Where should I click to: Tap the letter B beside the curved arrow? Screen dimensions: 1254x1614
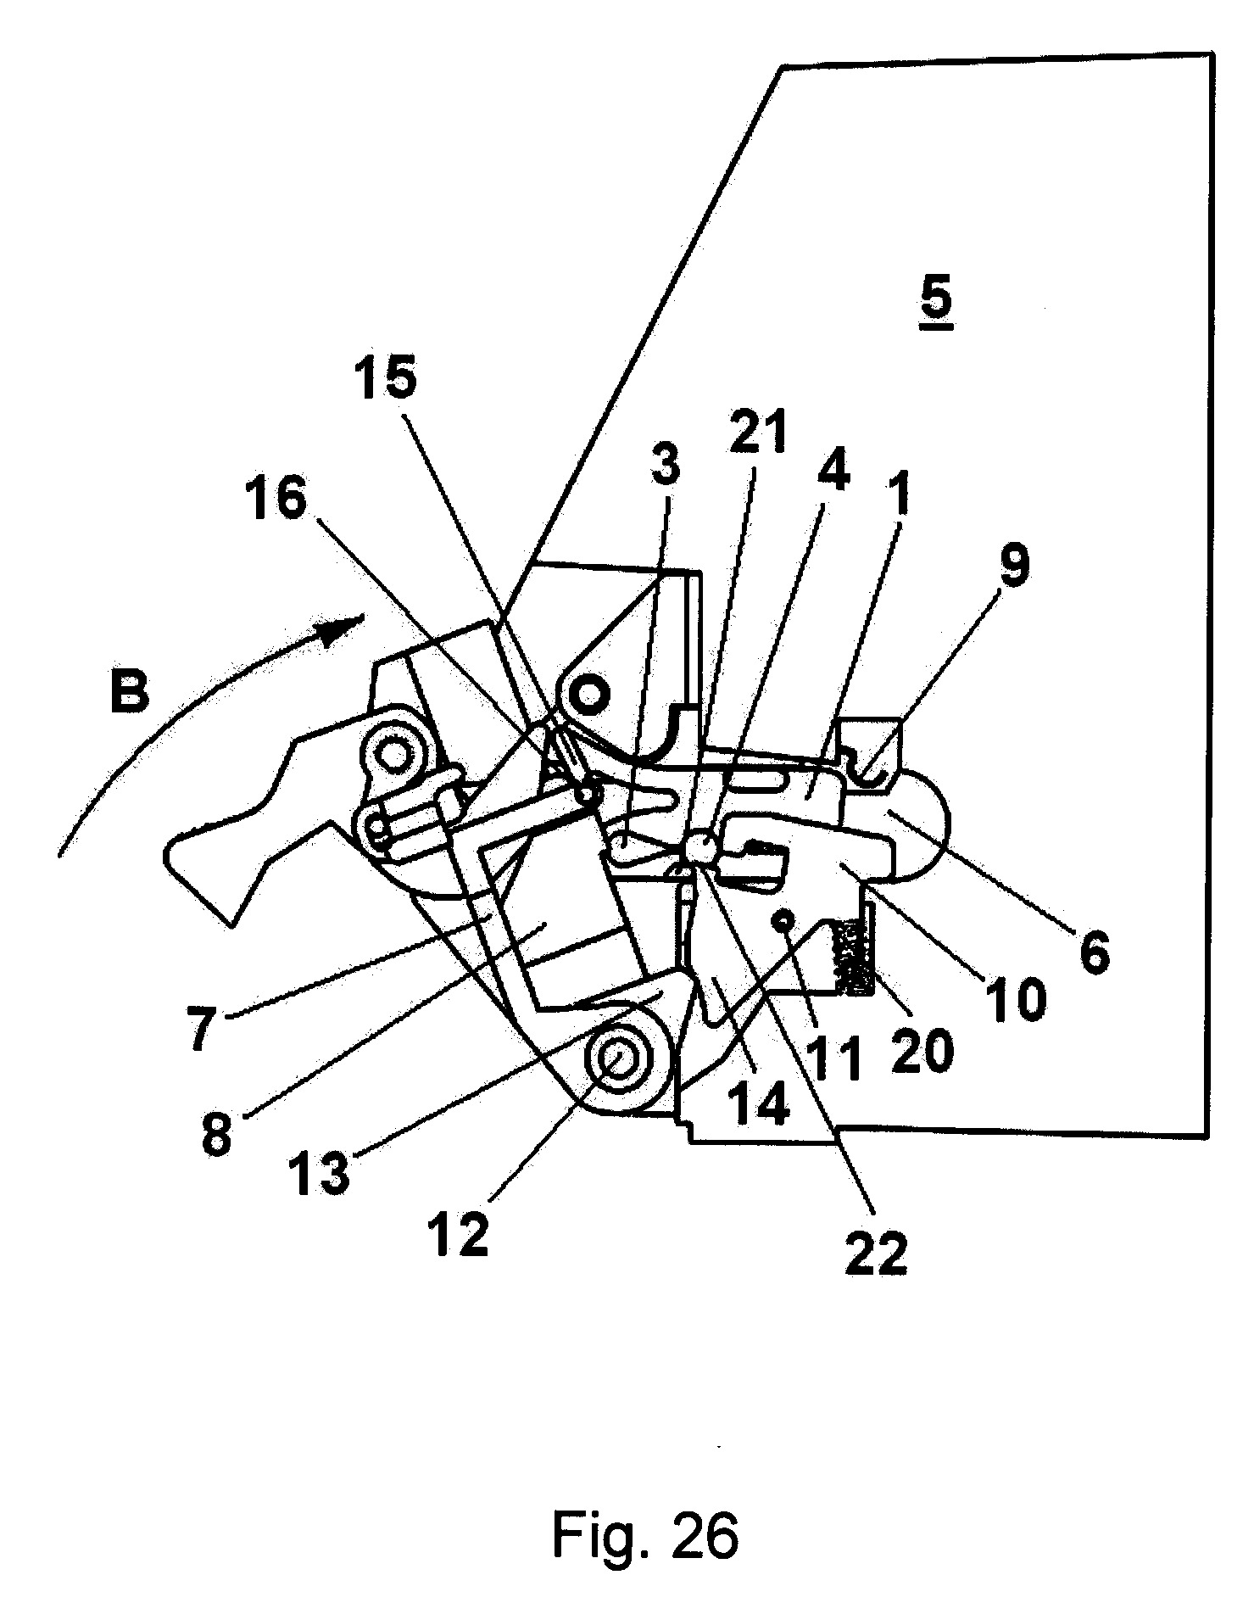pyautogui.click(x=129, y=690)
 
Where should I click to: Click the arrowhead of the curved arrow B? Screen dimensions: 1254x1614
pyautogui.click(x=347, y=628)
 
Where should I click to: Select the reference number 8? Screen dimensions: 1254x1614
pyautogui.click(x=217, y=1131)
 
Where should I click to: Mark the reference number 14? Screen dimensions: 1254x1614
pyautogui.click(x=758, y=1105)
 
